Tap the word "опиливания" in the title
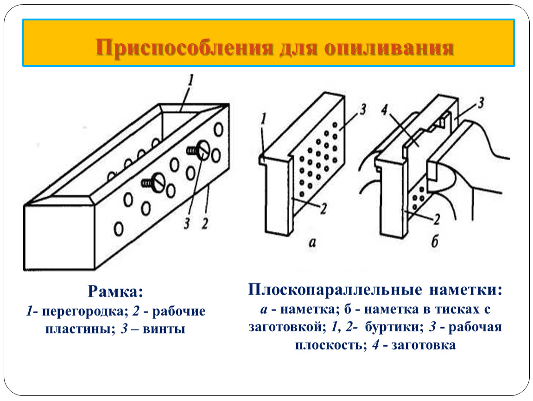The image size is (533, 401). [x=389, y=48]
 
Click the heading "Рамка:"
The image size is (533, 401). [x=115, y=292]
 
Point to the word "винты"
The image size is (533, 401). [x=164, y=329]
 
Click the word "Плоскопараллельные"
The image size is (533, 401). [x=335, y=290]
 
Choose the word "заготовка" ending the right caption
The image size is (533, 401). [x=424, y=345]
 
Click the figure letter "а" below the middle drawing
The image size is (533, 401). [x=312, y=242]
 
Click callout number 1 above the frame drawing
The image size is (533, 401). [x=190, y=81]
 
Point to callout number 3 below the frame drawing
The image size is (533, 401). [x=187, y=224]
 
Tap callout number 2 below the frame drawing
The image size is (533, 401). [x=205, y=224]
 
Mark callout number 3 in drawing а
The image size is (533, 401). [x=363, y=110]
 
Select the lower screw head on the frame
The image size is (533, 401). [x=158, y=182]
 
